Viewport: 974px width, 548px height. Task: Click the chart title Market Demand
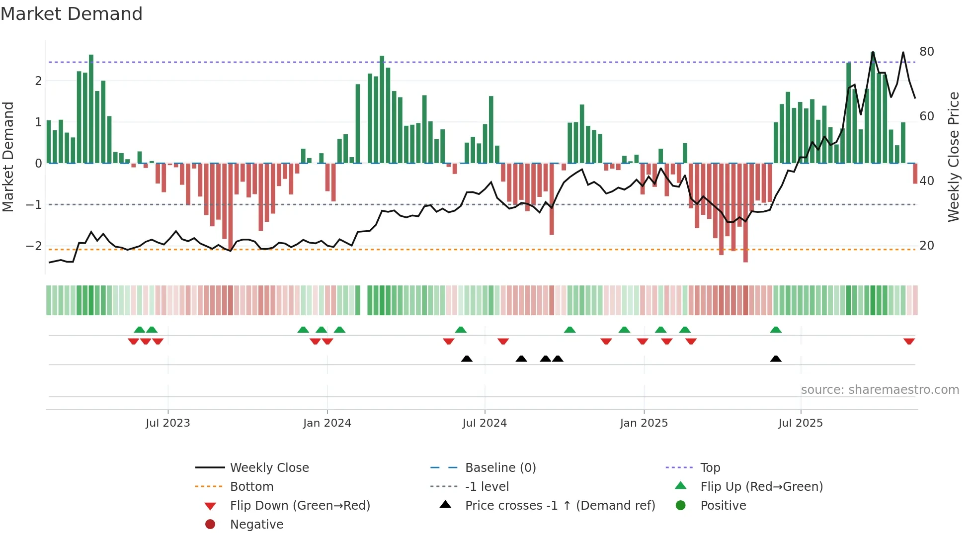pos(72,13)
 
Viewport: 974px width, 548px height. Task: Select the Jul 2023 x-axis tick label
pos(168,423)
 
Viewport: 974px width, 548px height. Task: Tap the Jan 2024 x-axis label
pos(327,423)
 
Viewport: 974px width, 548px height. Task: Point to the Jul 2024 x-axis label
pos(485,423)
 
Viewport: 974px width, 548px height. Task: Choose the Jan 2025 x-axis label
pos(644,423)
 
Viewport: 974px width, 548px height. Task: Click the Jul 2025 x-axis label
pos(801,423)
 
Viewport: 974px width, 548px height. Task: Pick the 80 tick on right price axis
pos(927,51)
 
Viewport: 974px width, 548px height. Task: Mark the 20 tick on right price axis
pos(927,245)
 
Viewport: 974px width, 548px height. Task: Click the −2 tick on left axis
pos(34,246)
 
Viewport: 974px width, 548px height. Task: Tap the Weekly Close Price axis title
pos(953,157)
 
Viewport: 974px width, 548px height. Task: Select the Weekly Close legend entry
pos(269,467)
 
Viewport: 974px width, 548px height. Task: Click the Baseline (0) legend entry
pos(500,467)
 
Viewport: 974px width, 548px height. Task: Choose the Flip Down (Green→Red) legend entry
pos(300,505)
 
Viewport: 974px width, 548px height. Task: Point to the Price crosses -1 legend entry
pos(560,505)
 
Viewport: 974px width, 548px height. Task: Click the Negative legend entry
pos(256,524)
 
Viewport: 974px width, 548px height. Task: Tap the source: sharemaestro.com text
pos(880,389)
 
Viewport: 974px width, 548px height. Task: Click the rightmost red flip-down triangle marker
pos(909,341)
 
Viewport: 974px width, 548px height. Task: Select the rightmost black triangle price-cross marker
pos(776,359)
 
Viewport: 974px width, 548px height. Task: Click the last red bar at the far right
pos(915,174)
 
